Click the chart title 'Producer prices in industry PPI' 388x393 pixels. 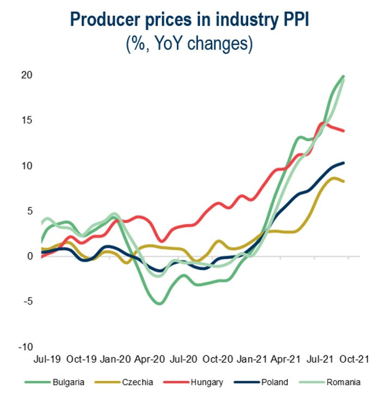tap(193, 20)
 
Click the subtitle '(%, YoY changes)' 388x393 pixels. tap(193, 44)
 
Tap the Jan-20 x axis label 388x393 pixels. tap(115, 359)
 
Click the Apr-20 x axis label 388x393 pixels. tap(149, 359)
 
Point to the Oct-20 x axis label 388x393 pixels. tap(217, 359)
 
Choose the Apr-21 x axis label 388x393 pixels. tap(285, 359)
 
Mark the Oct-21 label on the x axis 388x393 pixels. tap(354, 359)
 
